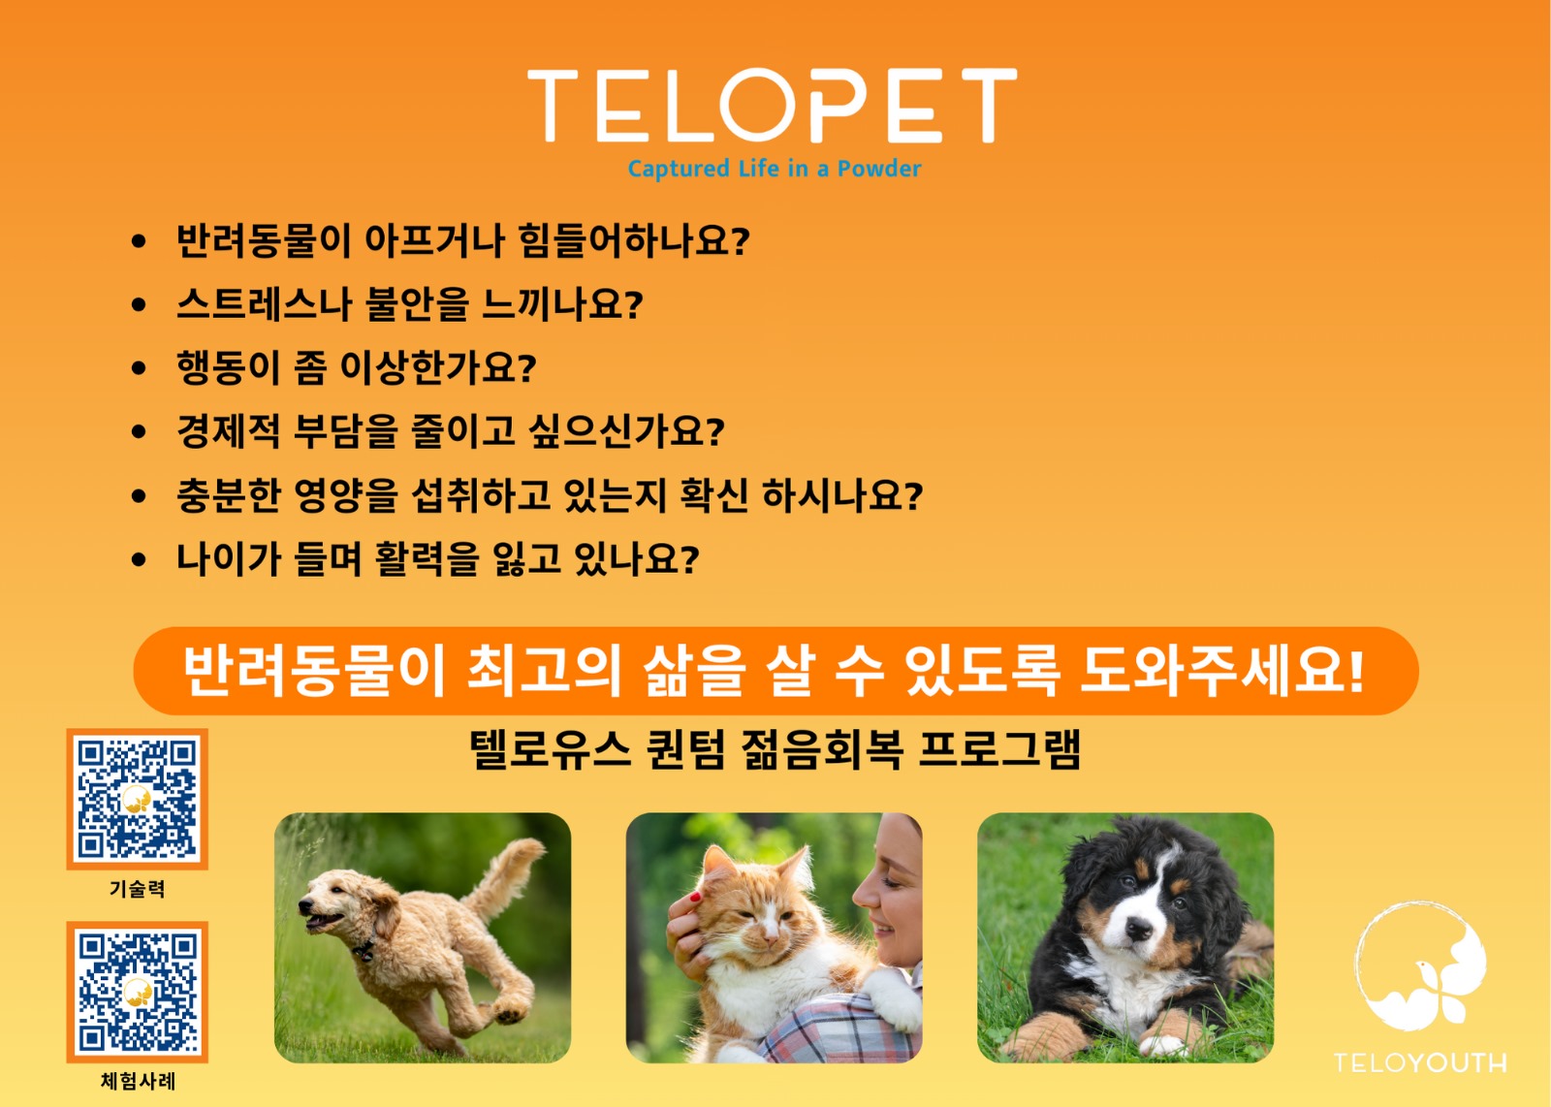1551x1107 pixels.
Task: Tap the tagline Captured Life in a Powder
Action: (x=774, y=169)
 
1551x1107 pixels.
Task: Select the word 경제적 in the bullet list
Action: (x=229, y=431)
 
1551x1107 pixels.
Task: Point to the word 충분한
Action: (x=229, y=495)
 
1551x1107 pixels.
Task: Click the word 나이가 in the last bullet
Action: (x=229, y=559)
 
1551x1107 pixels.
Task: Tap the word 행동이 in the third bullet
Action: (x=229, y=368)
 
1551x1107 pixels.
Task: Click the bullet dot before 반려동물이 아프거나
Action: (x=140, y=241)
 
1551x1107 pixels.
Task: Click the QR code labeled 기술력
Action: (x=137, y=799)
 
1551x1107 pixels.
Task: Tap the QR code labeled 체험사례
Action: (x=137, y=992)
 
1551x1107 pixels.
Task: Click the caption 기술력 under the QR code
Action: (x=137, y=889)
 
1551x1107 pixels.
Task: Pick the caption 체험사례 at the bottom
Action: (x=138, y=1081)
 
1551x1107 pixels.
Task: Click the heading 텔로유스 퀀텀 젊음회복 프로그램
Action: (x=775, y=749)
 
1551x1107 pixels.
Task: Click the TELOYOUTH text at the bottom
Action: (x=1420, y=1062)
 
